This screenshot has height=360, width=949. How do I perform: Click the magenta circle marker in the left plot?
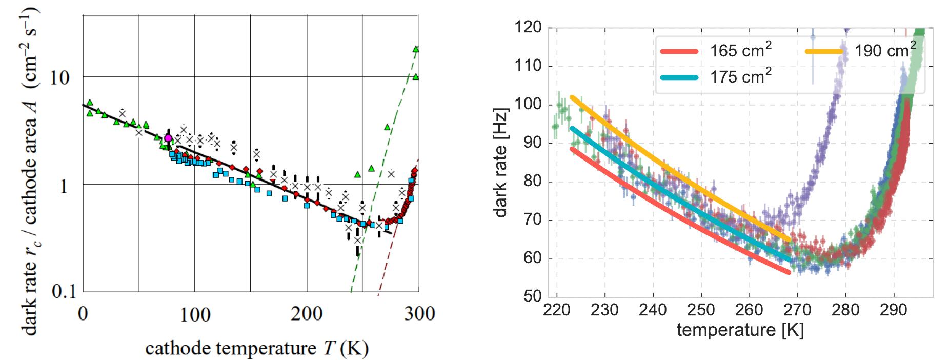pos(168,138)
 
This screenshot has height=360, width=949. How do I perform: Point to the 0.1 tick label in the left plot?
pos(64,292)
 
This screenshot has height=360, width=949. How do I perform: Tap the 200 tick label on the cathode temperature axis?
pos(307,313)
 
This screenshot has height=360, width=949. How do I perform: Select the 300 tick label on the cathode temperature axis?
pos(419,313)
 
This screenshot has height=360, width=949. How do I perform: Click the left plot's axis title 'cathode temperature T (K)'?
pos(256,348)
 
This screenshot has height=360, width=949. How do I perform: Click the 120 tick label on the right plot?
pos(528,27)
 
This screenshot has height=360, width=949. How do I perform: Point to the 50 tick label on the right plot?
pos(532,296)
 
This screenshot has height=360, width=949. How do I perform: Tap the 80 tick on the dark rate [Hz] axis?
pos(532,181)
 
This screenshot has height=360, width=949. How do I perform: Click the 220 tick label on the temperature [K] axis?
pos(557,310)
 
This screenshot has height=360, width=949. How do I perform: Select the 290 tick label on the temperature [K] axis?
pos(894,310)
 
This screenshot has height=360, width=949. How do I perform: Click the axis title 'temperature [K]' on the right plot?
pos(740,330)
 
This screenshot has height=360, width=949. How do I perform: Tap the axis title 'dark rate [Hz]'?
pos(501,163)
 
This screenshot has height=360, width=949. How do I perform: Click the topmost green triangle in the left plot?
pos(416,49)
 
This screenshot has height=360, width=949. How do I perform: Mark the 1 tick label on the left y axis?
pos(64,186)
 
